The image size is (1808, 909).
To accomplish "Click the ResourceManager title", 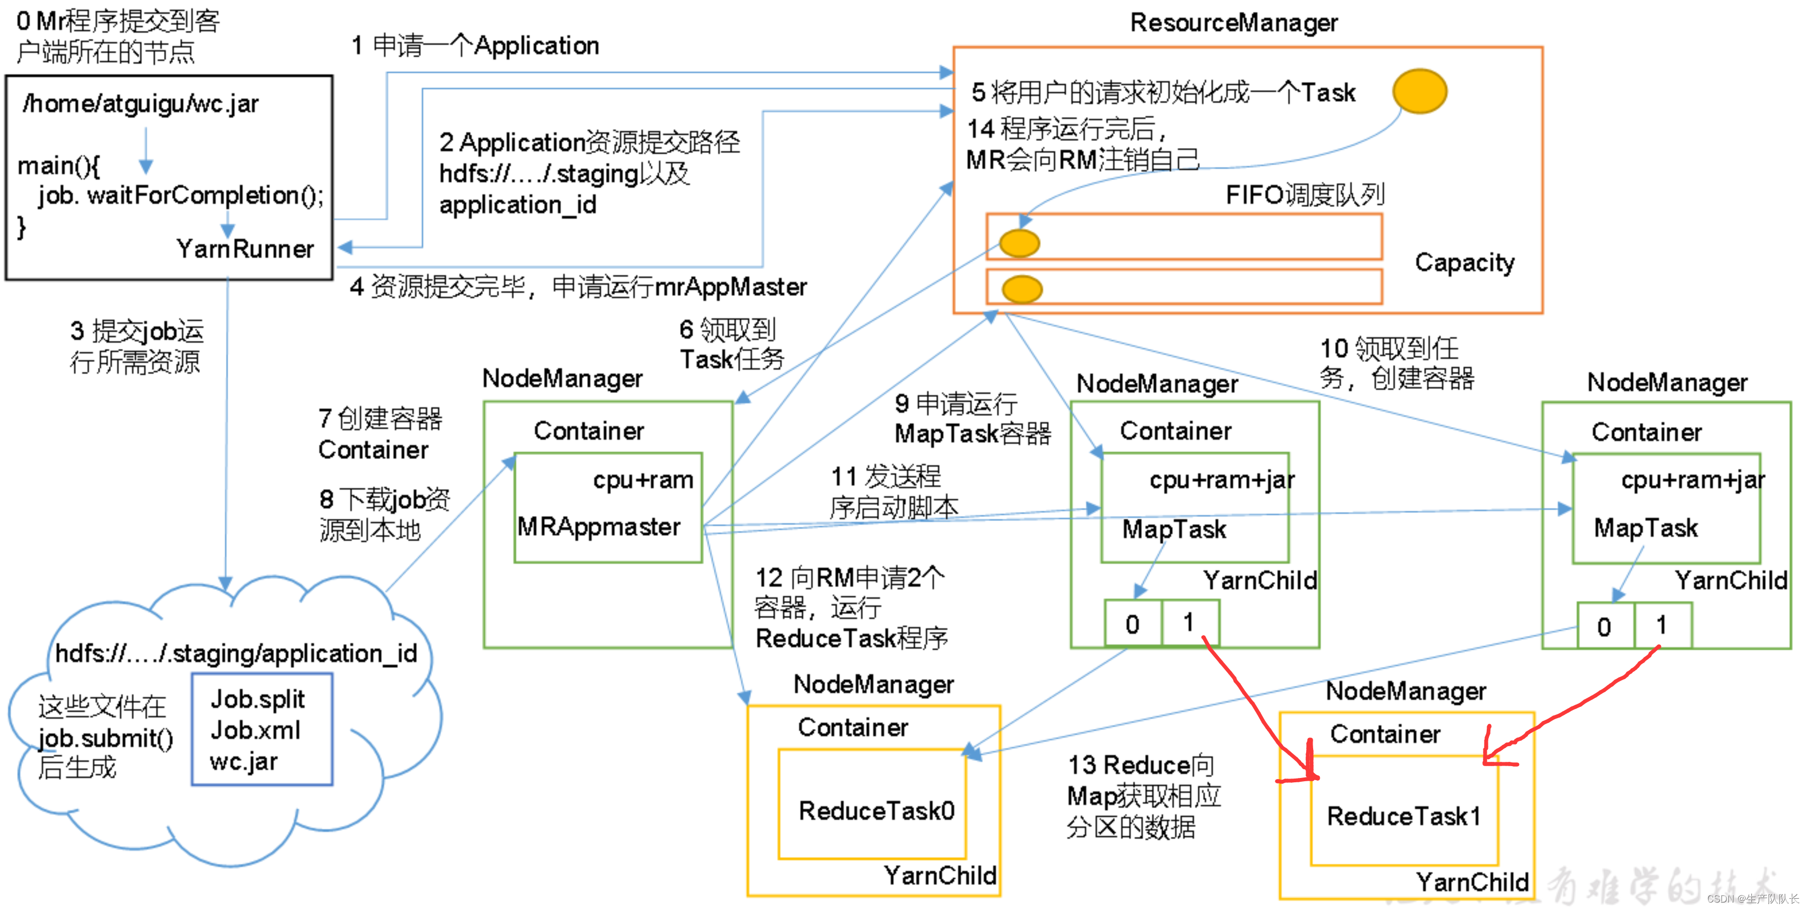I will tap(1233, 23).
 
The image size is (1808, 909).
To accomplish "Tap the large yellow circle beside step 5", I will tap(1419, 91).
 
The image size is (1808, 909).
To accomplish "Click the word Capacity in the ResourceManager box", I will tap(1464, 263).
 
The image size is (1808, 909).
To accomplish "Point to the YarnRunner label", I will tap(245, 249).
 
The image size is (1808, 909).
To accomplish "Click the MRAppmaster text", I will tap(599, 526).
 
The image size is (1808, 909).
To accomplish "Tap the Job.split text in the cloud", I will tap(258, 699).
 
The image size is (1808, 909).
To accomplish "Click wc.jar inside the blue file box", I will tap(244, 762).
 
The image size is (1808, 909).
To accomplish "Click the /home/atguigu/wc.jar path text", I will tap(140, 104).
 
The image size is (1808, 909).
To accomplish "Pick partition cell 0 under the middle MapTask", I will tap(1132, 623).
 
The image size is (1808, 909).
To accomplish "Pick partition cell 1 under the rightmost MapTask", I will tap(1661, 625).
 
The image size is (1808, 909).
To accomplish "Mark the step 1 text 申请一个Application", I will tap(475, 46).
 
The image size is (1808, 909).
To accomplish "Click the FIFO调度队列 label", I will tap(1304, 195).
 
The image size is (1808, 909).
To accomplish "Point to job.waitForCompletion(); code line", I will tap(181, 195).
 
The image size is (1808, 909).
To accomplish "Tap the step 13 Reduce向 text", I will tap(1141, 765).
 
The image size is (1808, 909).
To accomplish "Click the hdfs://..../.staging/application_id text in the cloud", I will tap(236, 653).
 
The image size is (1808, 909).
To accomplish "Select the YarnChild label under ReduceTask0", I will tap(939, 876).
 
